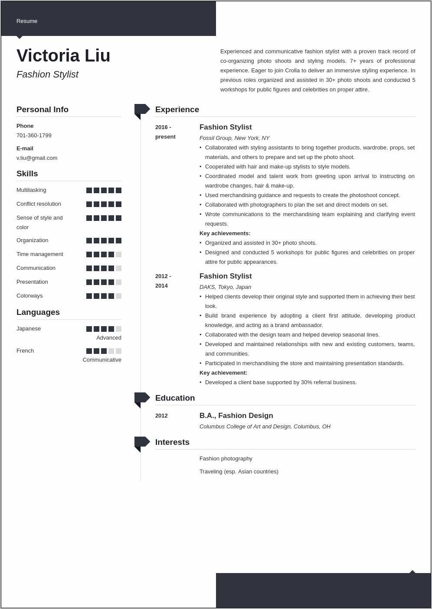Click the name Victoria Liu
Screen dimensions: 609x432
click(x=63, y=56)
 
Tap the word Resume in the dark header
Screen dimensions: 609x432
click(x=27, y=21)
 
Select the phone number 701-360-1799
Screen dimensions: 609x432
click(x=34, y=136)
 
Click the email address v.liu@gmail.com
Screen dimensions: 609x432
click(x=37, y=158)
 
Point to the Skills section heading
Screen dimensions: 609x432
click(x=27, y=174)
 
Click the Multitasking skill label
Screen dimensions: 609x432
click(x=31, y=190)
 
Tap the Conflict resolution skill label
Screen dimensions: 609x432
click(x=39, y=204)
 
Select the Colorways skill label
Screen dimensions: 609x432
click(x=29, y=296)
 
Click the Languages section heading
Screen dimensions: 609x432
click(x=38, y=312)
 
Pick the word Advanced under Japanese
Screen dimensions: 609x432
click(x=109, y=338)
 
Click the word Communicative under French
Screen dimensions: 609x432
click(x=102, y=360)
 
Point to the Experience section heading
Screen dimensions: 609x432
click(x=177, y=110)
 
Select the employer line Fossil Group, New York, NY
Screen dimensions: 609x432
click(x=234, y=138)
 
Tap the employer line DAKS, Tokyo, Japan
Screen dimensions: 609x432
click(x=225, y=287)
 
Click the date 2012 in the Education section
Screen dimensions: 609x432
click(x=161, y=416)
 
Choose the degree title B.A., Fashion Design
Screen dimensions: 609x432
click(x=236, y=416)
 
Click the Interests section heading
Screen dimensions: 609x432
click(x=172, y=442)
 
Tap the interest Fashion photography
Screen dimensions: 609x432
click(x=226, y=459)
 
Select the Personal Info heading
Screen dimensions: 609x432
click(x=43, y=110)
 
